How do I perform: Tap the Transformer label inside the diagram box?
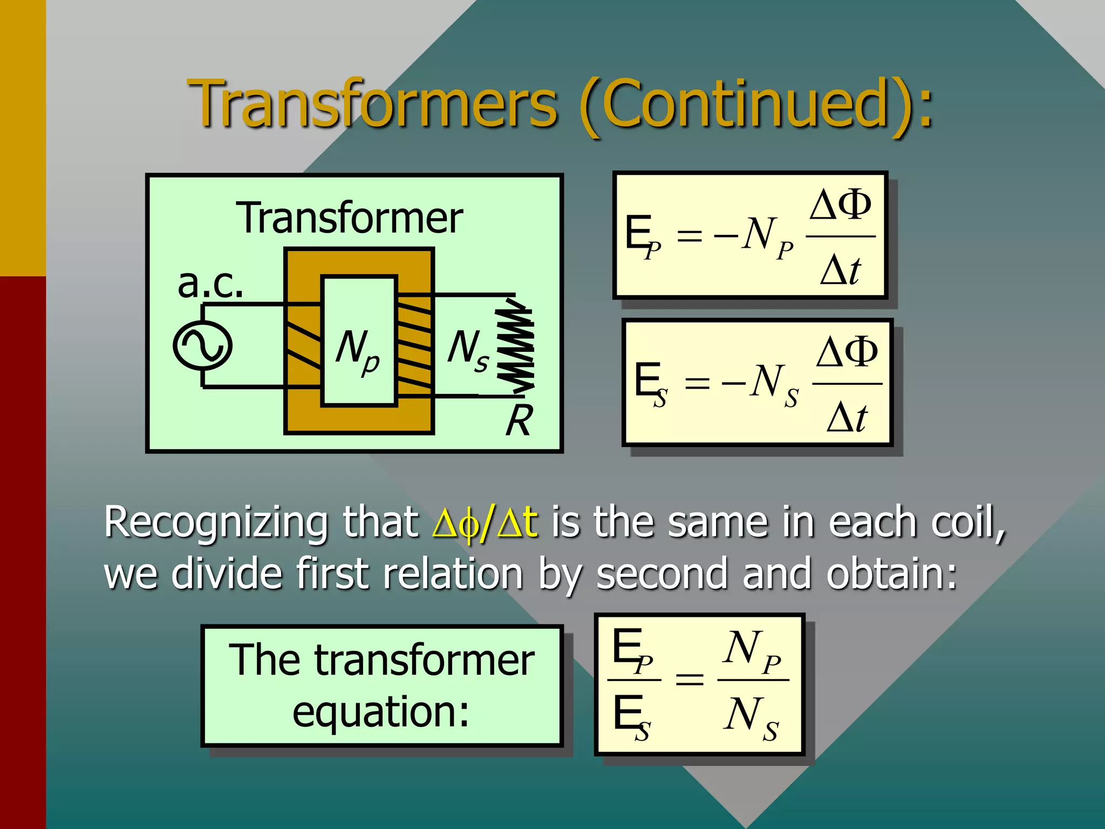coord(350,218)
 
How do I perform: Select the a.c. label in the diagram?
coord(210,283)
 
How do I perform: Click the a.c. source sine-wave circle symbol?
coord(203,345)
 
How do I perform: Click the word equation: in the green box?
coord(381,711)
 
